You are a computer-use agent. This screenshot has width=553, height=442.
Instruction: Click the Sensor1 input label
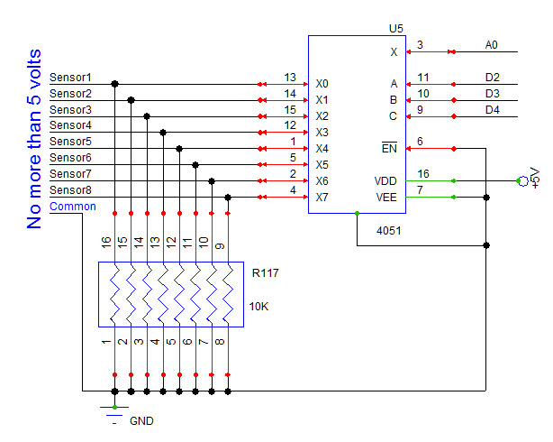(70, 78)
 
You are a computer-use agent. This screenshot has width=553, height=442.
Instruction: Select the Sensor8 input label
(70, 189)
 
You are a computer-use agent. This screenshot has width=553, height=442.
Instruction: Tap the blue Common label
(72, 206)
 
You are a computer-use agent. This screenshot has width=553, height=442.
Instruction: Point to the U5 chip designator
(395, 28)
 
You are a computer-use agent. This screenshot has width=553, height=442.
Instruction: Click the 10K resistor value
(258, 307)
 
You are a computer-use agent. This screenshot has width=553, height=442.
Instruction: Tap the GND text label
(141, 421)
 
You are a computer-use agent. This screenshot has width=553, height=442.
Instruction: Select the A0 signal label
(491, 44)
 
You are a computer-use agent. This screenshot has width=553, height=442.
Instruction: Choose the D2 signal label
(492, 78)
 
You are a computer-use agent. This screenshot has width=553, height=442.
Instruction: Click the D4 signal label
(492, 110)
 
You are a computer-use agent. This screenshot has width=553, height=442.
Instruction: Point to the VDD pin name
(385, 181)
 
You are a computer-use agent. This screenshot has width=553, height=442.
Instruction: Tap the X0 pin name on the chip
(322, 84)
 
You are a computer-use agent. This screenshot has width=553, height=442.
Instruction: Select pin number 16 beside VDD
(423, 173)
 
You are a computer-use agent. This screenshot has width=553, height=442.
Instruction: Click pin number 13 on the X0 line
(289, 78)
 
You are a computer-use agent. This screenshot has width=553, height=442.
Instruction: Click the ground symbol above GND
(113, 412)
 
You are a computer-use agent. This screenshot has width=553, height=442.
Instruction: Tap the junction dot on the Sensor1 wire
(114, 84)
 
